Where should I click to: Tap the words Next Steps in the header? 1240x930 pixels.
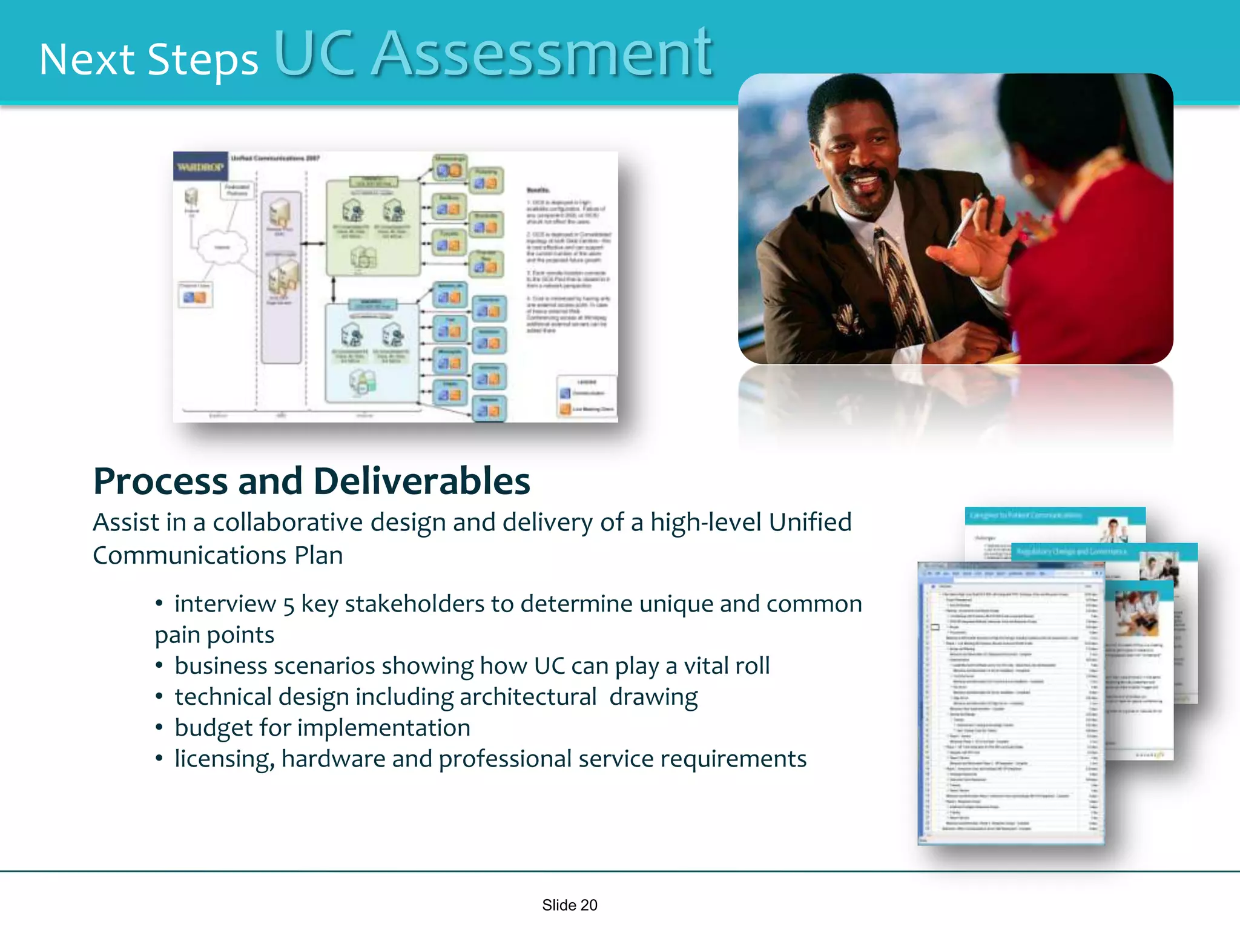pyautogui.click(x=148, y=61)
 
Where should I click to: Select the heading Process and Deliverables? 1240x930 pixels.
pyautogui.click(x=311, y=481)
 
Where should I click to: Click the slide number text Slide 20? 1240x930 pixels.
pyautogui.click(x=569, y=905)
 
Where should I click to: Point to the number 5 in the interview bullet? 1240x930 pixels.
pyautogui.click(x=289, y=605)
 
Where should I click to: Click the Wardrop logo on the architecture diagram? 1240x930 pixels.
pyautogui.click(x=200, y=166)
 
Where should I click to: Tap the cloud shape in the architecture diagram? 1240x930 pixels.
pyautogui.click(x=222, y=247)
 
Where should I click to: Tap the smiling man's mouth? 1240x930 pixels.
pyautogui.click(x=866, y=180)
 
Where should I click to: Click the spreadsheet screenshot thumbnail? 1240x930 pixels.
pyautogui.click(x=1010, y=702)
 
